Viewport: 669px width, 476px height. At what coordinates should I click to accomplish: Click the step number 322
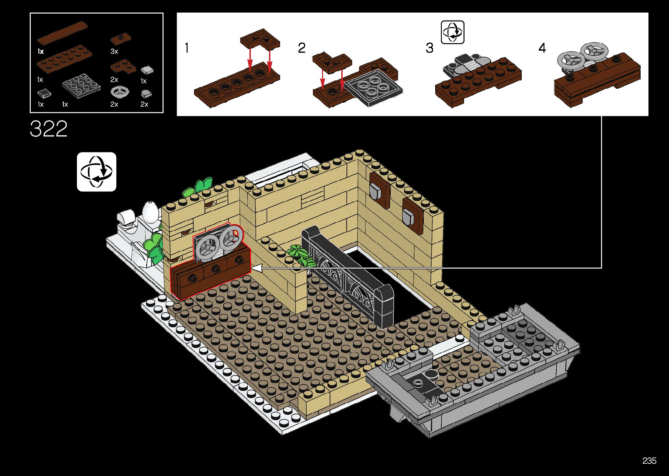point(49,129)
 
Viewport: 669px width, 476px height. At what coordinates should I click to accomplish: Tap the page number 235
point(649,461)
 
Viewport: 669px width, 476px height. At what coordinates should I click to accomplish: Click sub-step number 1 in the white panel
point(187,48)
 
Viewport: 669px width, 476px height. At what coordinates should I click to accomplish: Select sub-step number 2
point(302,48)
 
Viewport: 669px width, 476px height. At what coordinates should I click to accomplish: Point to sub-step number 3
point(430,48)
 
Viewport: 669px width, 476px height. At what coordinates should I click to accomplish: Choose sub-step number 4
point(542,48)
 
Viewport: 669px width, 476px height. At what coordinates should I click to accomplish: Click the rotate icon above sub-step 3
point(452,32)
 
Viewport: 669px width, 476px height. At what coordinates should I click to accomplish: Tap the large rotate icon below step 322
point(97,172)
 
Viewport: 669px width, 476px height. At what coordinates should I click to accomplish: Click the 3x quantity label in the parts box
point(114,52)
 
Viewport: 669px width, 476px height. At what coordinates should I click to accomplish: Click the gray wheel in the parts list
point(120,92)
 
